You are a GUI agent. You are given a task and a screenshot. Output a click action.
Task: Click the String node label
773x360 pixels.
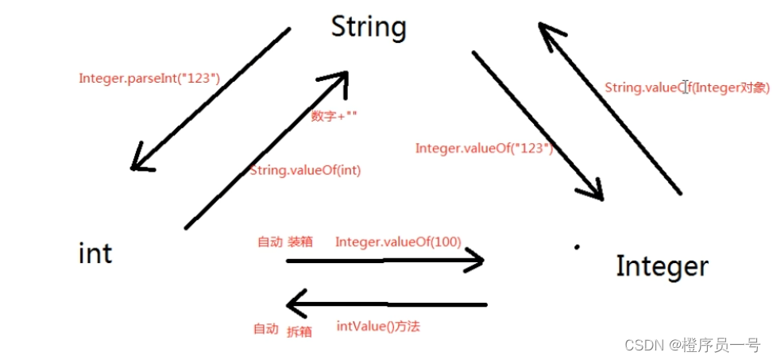click(x=369, y=27)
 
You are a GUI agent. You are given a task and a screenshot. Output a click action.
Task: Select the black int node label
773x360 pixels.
click(x=95, y=254)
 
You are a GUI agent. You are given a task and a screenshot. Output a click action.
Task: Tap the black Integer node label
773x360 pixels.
click(x=661, y=265)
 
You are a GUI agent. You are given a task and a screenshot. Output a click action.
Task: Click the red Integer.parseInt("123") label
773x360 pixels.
click(x=149, y=78)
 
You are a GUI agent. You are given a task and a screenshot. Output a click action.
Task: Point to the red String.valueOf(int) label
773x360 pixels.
click(x=305, y=170)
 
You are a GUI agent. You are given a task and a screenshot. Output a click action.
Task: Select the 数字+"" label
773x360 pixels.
click(x=334, y=116)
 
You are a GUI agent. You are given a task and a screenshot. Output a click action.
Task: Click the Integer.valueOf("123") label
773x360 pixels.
click(x=484, y=148)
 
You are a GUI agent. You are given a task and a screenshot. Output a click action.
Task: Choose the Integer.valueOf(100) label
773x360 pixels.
click(x=398, y=241)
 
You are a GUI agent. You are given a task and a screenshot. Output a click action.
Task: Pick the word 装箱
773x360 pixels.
click(x=300, y=242)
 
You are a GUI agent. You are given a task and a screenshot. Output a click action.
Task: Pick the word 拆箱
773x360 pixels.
click(x=299, y=331)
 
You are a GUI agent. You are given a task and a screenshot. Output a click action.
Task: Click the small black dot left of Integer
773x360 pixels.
click(x=577, y=247)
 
